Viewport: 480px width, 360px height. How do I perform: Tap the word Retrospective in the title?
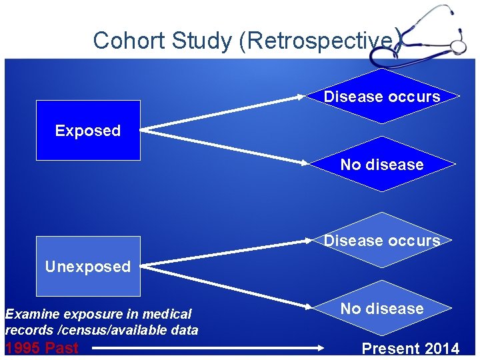tap(321, 41)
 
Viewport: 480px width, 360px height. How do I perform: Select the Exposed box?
tap(88, 131)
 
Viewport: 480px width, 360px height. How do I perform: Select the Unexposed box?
tap(88, 267)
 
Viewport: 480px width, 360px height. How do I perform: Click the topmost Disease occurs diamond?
tap(382, 97)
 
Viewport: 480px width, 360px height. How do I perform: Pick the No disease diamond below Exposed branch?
tap(381, 165)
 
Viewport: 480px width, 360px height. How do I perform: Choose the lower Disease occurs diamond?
tap(381, 240)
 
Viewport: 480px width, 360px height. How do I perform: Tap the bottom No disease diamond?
tap(381, 309)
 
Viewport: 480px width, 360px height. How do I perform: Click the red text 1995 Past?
tap(41, 348)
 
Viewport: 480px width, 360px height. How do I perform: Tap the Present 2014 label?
tap(410, 348)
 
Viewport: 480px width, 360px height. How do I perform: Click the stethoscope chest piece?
tap(458, 47)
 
